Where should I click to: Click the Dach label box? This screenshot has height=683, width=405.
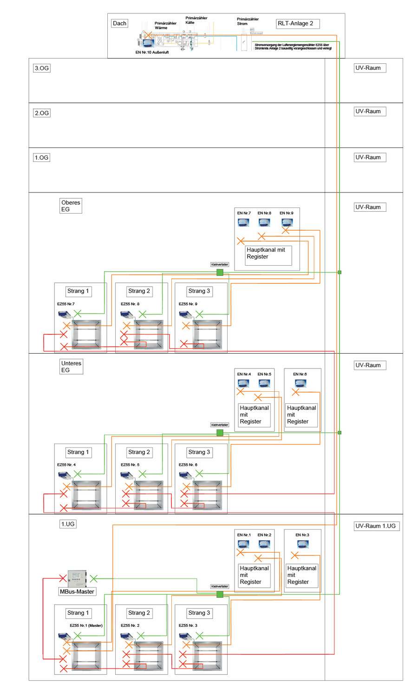pyautogui.click(x=119, y=23)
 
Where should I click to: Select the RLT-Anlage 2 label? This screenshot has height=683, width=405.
pyautogui.click(x=297, y=24)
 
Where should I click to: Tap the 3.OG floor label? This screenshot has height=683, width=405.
pyautogui.click(x=42, y=68)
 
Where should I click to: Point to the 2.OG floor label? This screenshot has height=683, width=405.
pyautogui.click(x=42, y=113)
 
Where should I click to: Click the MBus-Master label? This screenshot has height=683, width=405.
pyautogui.click(x=77, y=592)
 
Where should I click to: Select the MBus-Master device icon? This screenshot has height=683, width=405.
pyautogui.click(x=77, y=578)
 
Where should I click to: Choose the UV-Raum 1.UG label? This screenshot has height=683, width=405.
pyautogui.click(x=376, y=526)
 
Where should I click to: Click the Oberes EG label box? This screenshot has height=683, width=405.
pyautogui.click(x=71, y=206)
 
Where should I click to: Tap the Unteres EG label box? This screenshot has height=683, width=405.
pyautogui.click(x=72, y=367)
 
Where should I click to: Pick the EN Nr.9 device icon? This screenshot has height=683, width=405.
pyautogui.click(x=287, y=222)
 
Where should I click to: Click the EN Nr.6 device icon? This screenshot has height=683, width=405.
pyautogui.click(x=300, y=383)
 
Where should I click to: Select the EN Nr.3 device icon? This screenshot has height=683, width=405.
pyautogui.click(x=303, y=544)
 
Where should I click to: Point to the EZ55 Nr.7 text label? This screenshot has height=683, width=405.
pyautogui.click(x=66, y=304)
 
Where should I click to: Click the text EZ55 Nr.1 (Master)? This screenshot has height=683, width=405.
pyautogui.click(x=86, y=625)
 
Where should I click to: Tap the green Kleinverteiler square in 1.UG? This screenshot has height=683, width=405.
pyautogui.click(x=220, y=595)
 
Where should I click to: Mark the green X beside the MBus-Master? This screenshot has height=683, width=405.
pyautogui.click(x=93, y=579)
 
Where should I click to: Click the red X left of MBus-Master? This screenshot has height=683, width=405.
pyautogui.click(x=63, y=578)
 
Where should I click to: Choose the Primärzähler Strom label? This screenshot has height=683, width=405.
pyautogui.click(x=248, y=21)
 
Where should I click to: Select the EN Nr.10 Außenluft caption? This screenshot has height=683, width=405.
pyautogui.click(x=152, y=53)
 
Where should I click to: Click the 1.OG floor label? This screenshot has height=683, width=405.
pyautogui.click(x=42, y=158)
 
